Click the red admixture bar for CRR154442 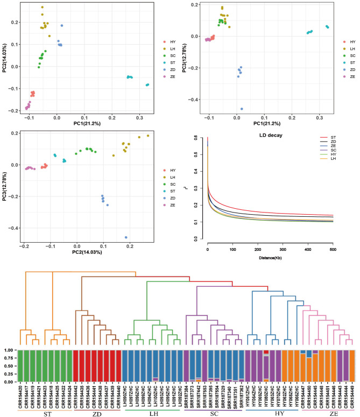76,366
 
